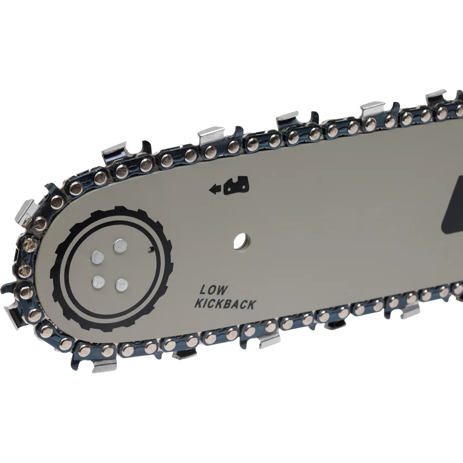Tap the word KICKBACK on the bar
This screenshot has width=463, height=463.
225,304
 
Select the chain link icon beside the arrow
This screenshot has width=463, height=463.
236,186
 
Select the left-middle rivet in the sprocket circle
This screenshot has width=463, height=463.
98,257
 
